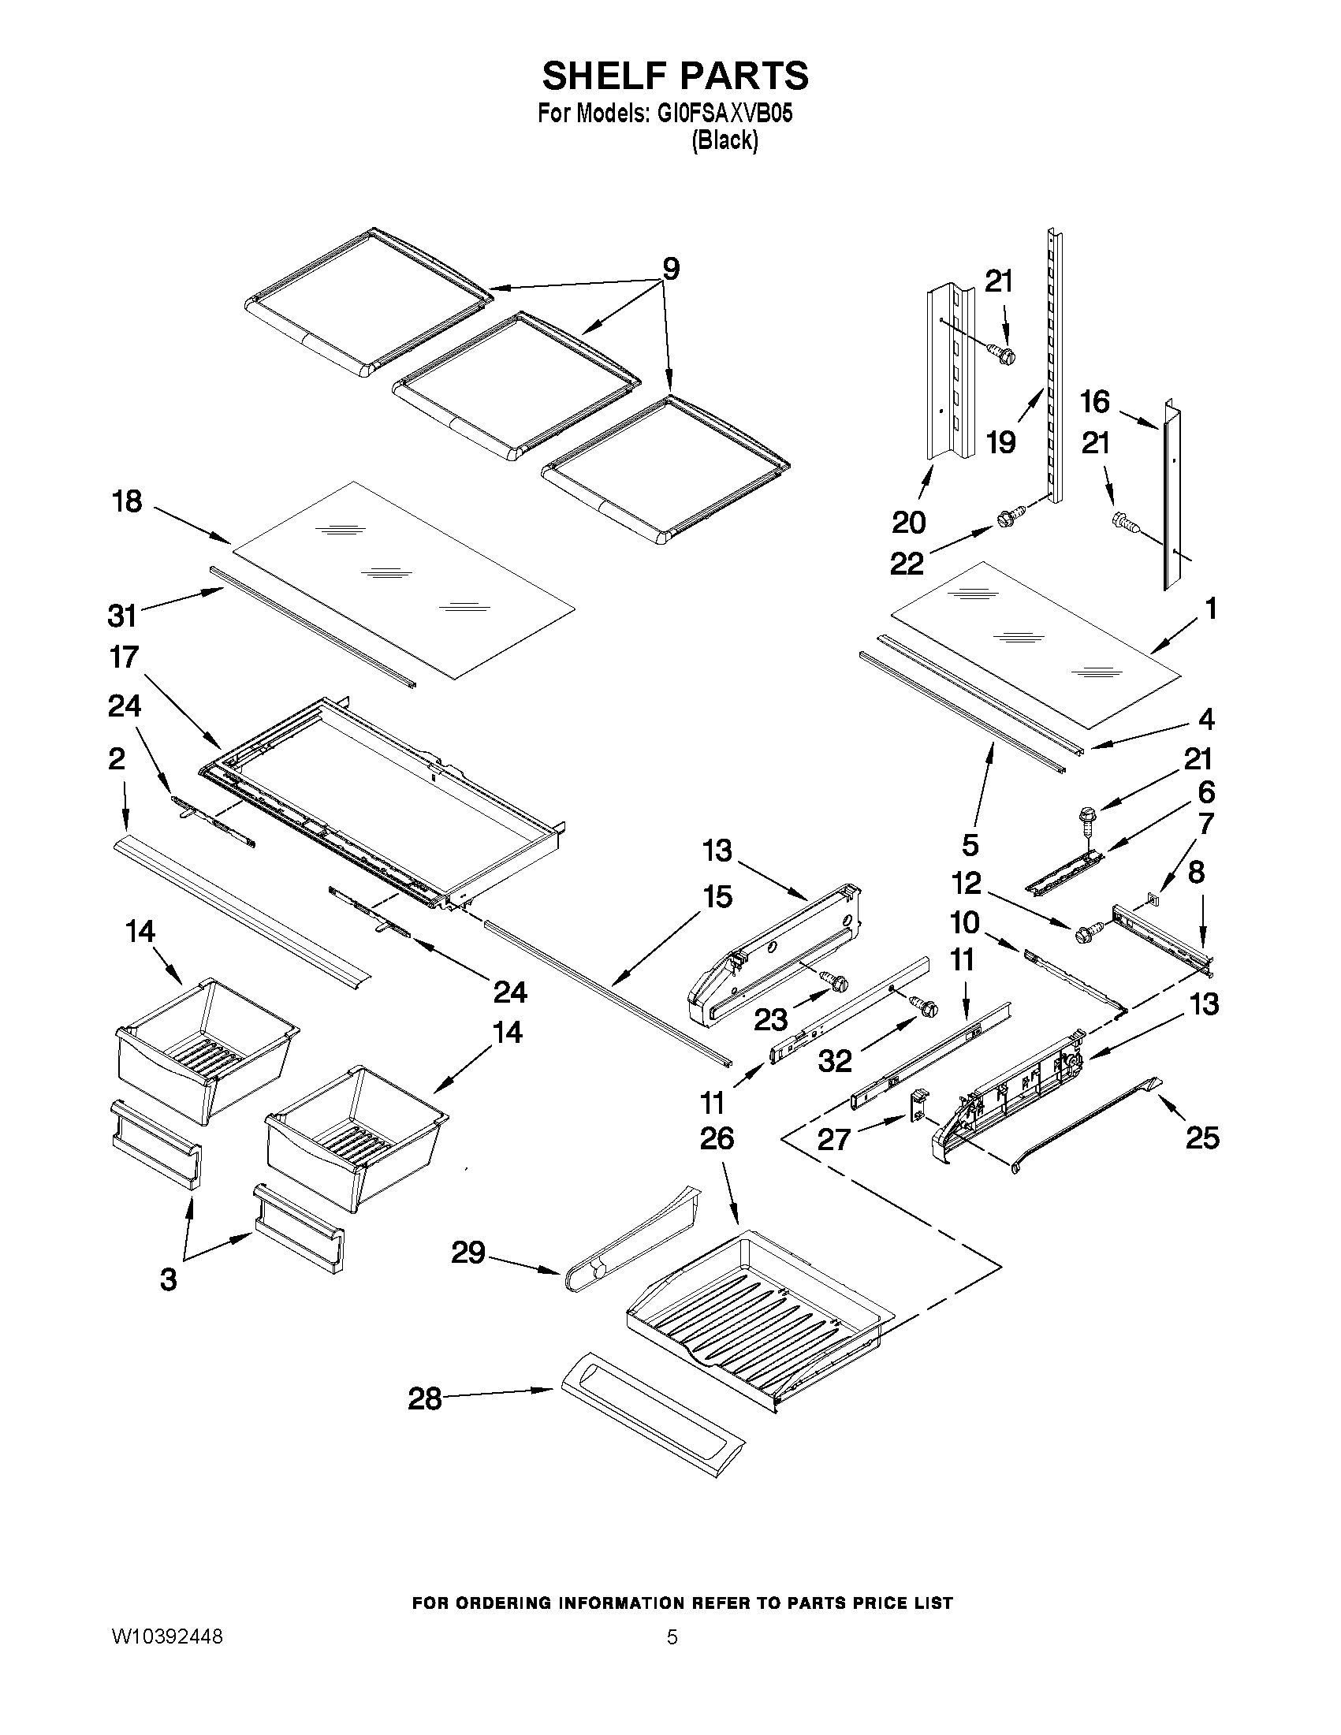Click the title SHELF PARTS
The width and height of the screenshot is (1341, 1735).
[x=675, y=76]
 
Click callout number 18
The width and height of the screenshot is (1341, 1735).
[x=127, y=502]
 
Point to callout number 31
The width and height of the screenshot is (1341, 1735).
[x=122, y=616]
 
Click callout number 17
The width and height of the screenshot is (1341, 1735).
[x=125, y=657]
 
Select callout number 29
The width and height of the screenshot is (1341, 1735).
[x=468, y=1253]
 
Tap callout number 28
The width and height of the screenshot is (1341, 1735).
[x=424, y=1399]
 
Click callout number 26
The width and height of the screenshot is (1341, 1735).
[x=717, y=1139]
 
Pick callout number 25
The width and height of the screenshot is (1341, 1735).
[x=1202, y=1138]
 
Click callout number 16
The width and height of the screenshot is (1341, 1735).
[x=1095, y=403]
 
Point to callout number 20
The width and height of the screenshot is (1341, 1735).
[x=908, y=523]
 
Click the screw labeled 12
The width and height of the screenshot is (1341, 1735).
[x=1086, y=934]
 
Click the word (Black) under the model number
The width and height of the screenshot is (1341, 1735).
[x=725, y=141]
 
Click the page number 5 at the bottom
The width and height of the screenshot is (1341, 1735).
[x=672, y=1637]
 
